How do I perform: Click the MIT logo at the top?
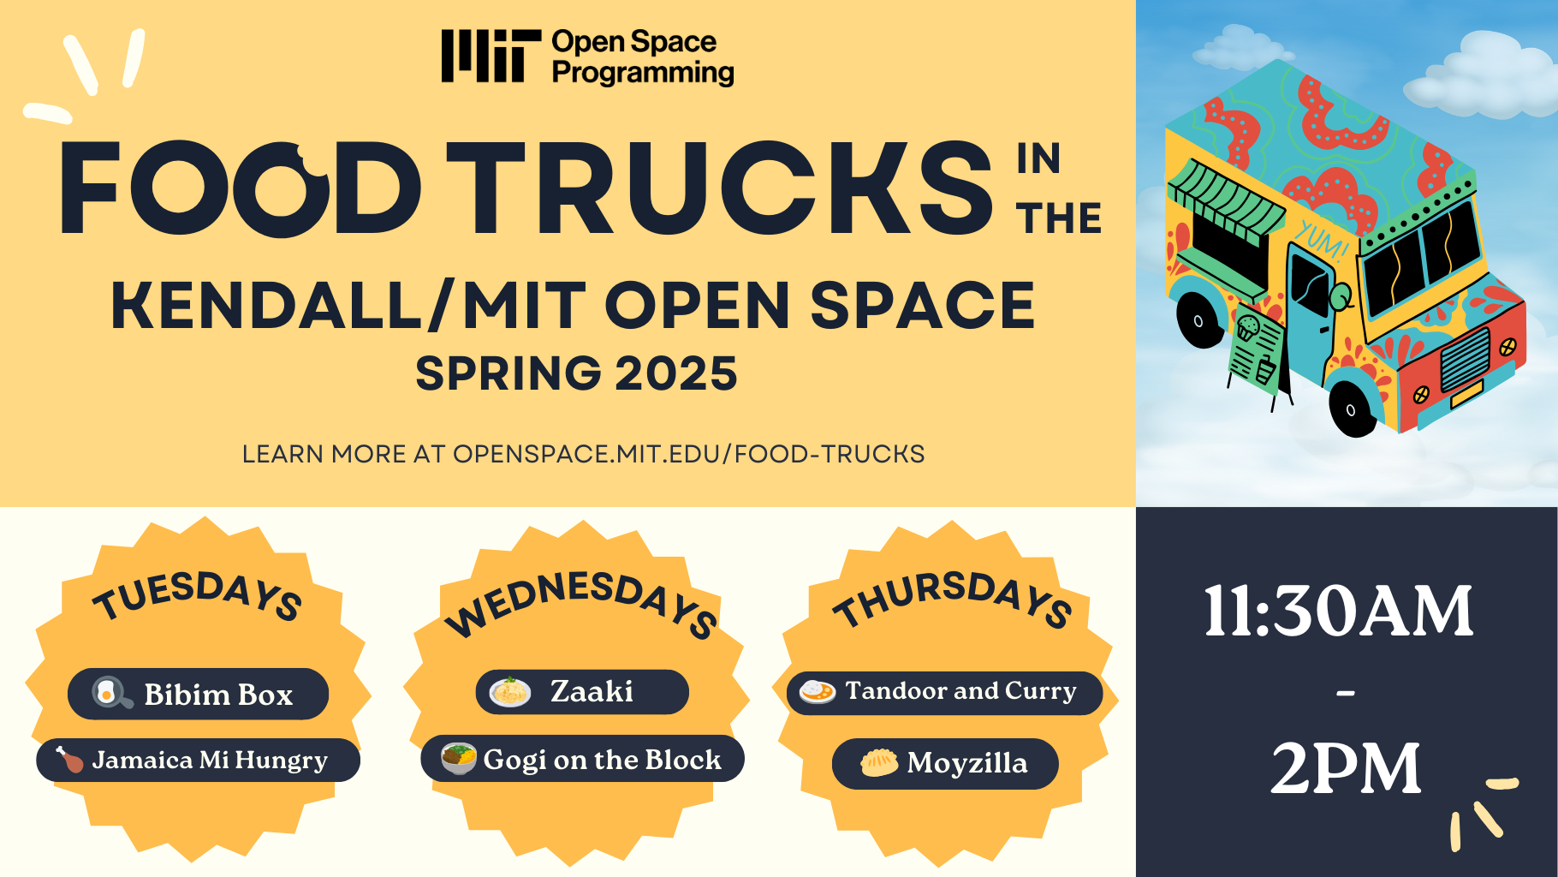click(491, 57)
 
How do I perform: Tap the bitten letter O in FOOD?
click(282, 190)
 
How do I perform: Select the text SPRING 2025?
click(576, 373)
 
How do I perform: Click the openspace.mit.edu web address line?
click(583, 454)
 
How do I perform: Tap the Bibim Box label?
click(217, 695)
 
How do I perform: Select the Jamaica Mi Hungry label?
click(210, 761)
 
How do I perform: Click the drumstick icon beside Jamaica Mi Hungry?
click(69, 759)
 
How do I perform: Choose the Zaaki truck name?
click(592, 692)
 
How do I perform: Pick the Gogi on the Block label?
click(602, 760)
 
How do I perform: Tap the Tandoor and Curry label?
click(960, 691)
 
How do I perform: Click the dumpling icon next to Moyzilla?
click(879, 762)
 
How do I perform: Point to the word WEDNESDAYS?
click(581, 604)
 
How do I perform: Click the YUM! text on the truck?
click(1321, 239)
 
